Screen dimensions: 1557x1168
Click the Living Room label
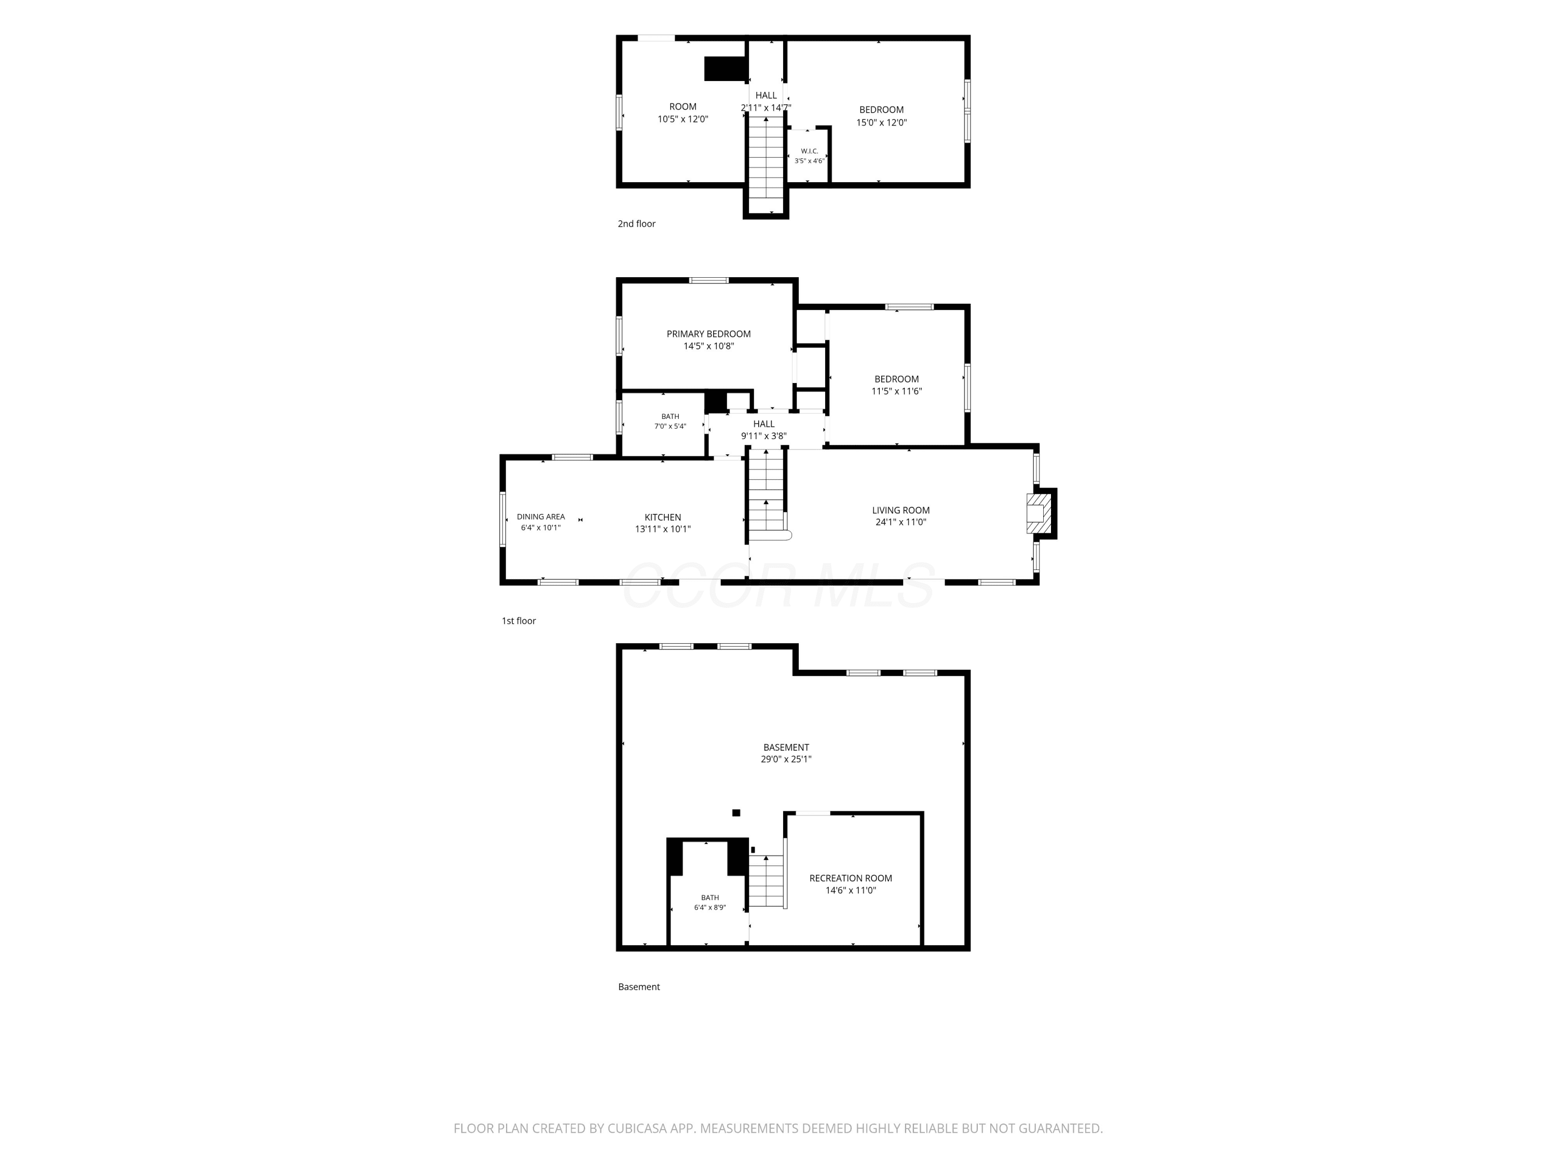tap(900, 510)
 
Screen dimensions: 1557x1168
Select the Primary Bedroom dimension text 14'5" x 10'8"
tap(709, 346)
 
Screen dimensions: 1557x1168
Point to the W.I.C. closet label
tap(810, 151)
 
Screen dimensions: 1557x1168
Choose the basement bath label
tap(709, 898)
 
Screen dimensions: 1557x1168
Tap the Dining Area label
tap(541, 517)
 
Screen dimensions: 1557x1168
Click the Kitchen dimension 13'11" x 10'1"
tap(663, 529)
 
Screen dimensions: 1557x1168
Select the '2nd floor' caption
tap(636, 224)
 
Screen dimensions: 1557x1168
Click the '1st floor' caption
tap(519, 621)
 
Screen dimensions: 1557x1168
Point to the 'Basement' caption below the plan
tap(639, 987)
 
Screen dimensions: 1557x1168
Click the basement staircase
tap(767, 881)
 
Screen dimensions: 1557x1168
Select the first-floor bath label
tap(670, 417)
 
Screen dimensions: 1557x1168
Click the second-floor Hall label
tap(766, 95)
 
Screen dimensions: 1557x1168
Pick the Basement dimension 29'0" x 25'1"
tap(786, 759)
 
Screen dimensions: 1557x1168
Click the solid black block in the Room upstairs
tap(725, 69)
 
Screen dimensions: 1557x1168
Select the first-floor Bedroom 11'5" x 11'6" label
tap(897, 385)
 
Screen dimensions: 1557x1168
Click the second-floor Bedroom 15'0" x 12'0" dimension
tap(881, 123)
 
